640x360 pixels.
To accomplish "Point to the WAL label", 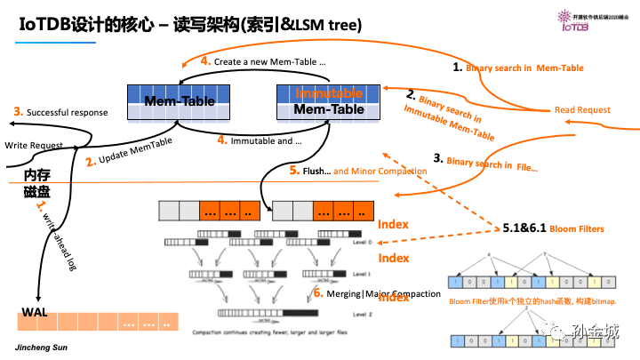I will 34,312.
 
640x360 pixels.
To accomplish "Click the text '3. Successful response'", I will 60,112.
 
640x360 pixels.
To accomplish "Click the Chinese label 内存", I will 38,173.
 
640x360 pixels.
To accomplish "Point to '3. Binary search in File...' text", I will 484,162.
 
